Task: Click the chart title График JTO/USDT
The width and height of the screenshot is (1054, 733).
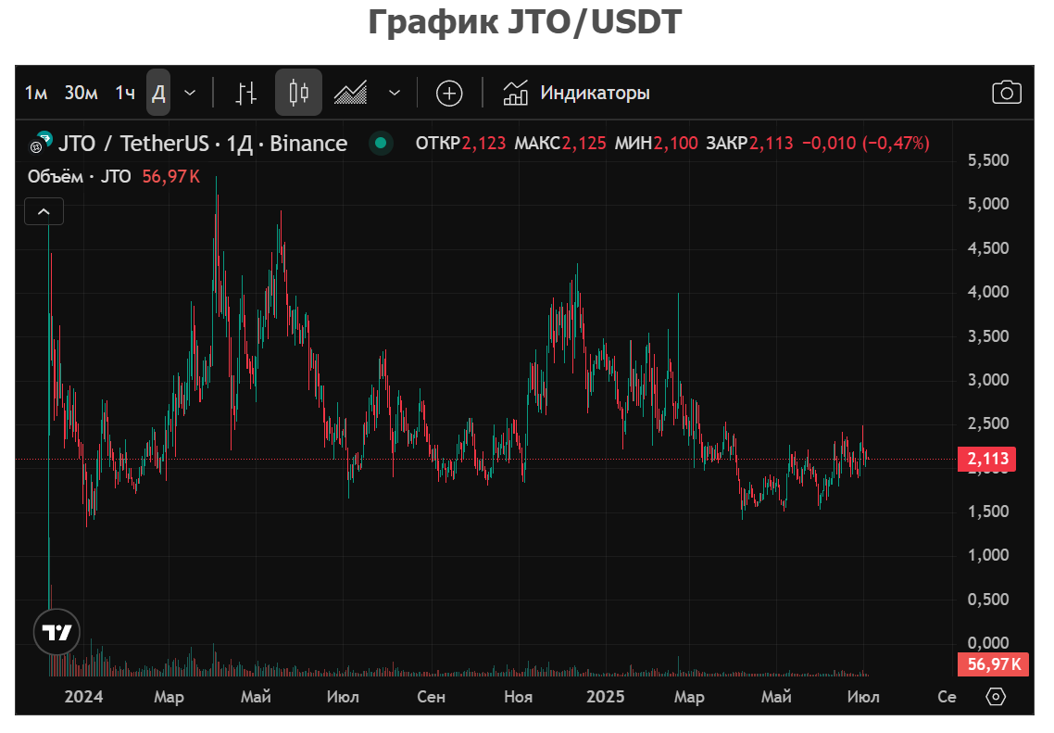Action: [x=525, y=22]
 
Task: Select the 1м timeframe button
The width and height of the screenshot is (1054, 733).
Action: [x=36, y=93]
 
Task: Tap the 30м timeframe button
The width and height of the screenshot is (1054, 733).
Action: [x=82, y=93]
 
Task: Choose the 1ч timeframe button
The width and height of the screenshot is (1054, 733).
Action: [x=125, y=93]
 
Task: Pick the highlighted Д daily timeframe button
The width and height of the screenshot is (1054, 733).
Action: [x=158, y=93]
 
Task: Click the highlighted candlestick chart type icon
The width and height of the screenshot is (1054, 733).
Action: [x=298, y=93]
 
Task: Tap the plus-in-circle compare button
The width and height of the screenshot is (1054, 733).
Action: [x=449, y=93]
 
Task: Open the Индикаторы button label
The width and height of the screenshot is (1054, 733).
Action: [x=595, y=93]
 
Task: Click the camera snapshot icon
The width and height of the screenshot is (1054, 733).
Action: [x=1006, y=93]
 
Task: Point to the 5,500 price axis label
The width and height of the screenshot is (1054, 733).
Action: [x=988, y=160]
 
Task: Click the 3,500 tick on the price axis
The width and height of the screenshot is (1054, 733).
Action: [x=988, y=336]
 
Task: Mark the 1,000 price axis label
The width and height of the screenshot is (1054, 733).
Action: [x=988, y=555]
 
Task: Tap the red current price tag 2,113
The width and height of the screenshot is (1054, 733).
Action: [x=985, y=459]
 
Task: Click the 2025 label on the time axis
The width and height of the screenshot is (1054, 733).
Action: [x=606, y=697]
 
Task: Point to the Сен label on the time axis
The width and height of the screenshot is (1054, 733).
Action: [x=431, y=697]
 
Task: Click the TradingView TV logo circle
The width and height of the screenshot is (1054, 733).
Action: [x=57, y=634]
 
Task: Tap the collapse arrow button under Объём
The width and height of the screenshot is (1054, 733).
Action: [x=44, y=212]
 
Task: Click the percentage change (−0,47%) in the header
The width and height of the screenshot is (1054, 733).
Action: [x=896, y=144]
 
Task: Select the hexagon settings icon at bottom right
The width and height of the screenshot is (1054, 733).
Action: [x=996, y=697]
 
